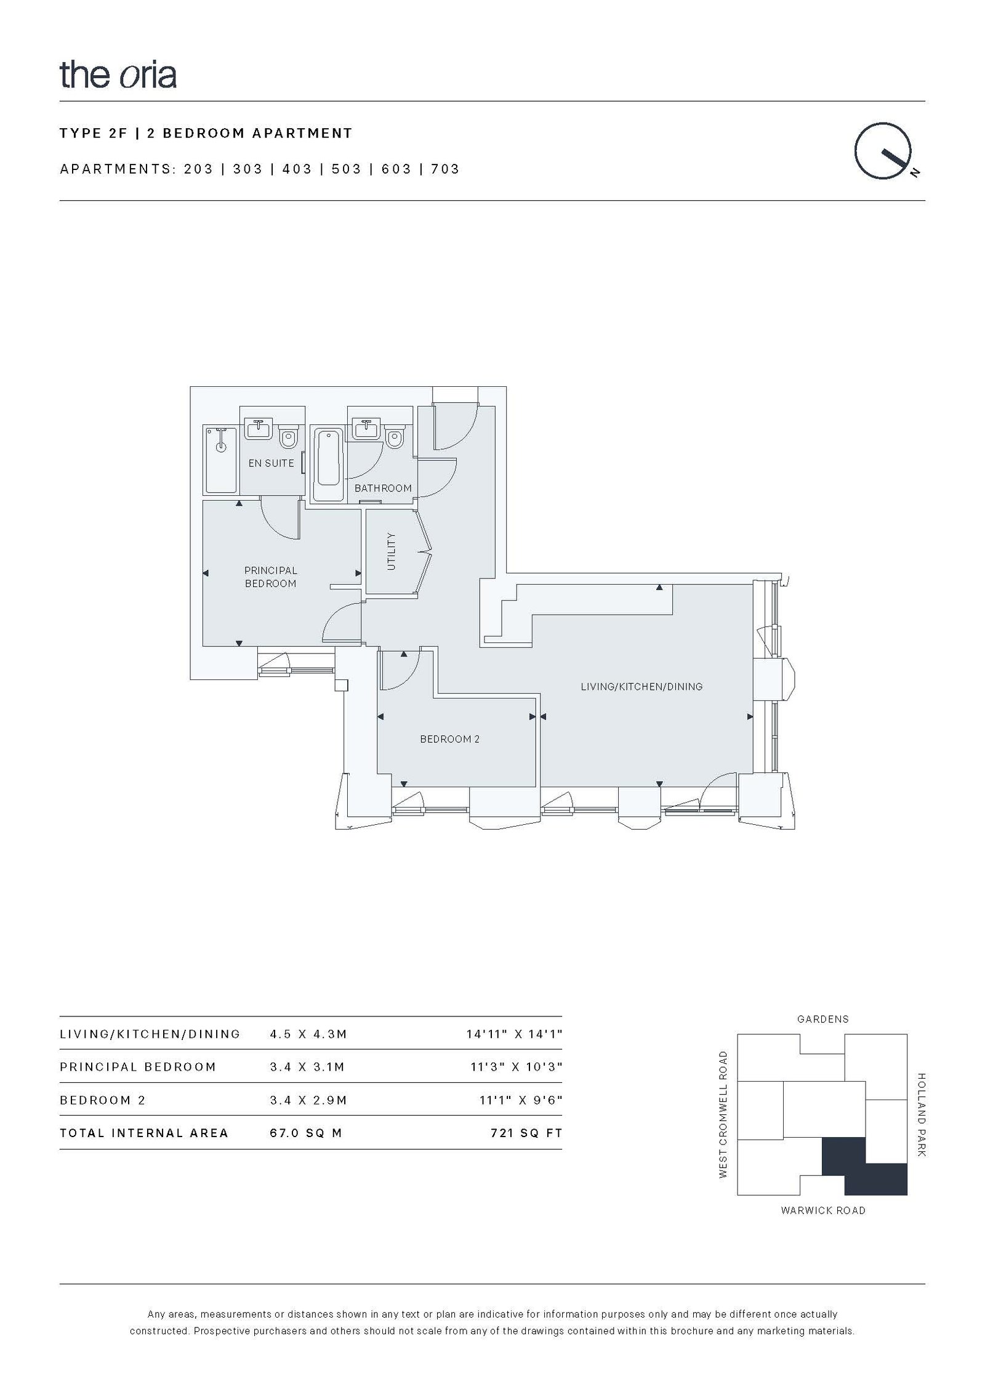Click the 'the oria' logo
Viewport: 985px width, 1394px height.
tap(118, 75)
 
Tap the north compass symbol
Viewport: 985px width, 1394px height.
tap(885, 151)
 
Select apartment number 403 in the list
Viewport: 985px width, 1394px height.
tap(297, 169)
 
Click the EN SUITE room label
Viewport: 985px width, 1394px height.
tap(271, 463)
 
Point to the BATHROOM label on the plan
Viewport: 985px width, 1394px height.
tap(383, 488)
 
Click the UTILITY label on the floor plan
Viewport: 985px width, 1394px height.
tap(392, 551)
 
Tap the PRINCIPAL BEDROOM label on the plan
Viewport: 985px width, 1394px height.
tap(271, 577)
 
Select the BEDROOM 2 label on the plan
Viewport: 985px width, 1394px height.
tap(449, 739)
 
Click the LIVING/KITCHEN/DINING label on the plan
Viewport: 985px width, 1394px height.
tap(641, 686)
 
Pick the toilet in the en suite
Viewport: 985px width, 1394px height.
tap(287, 438)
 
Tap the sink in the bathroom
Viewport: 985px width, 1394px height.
tap(367, 429)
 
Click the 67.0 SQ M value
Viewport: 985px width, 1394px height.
tap(306, 1133)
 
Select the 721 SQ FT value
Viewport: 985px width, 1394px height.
tap(526, 1133)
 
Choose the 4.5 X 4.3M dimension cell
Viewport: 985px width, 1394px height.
tap(308, 1034)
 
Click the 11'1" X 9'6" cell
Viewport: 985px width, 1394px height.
tap(521, 1100)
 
